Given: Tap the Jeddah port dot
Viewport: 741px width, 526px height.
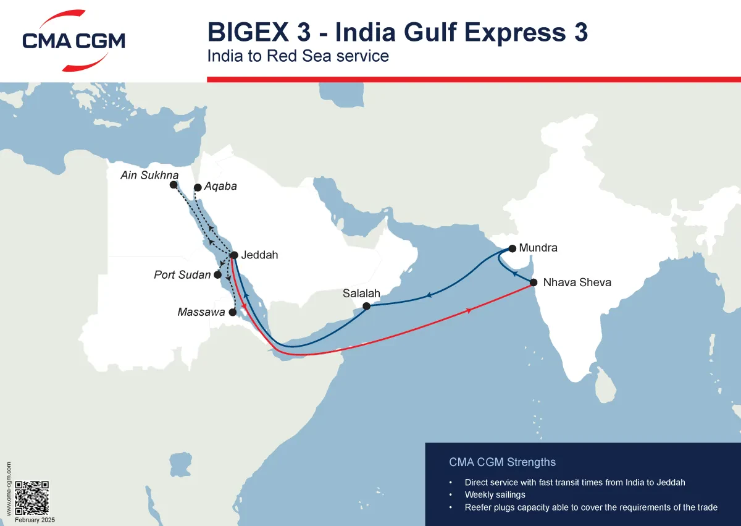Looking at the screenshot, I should coord(234,255).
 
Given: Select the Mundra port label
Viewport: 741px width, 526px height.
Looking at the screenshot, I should coord(538,248).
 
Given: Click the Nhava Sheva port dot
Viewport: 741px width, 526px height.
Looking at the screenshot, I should coord(534,282).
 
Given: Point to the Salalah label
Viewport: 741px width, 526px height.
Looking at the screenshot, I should coord(361,294).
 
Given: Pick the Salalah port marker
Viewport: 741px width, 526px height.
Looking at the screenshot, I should coord(366,306).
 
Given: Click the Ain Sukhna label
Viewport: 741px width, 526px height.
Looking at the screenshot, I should coord(149,176).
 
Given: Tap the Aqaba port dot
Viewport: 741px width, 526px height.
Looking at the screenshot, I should coord(197,187).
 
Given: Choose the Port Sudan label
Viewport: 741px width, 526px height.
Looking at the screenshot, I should coord(182,274).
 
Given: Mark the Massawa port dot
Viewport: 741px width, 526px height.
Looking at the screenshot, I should coord(233,312).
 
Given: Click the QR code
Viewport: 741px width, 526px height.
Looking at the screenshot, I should coord(31,498).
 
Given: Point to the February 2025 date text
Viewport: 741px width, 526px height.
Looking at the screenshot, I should coord(35,520).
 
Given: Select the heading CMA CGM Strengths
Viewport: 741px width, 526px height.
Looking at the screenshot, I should coord(502,462).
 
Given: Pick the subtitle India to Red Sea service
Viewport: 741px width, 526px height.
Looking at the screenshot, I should coord(298,56).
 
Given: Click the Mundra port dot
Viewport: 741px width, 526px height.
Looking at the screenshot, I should coord(512,249).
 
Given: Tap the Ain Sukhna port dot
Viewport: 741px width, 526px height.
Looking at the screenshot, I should coord(174,184).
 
